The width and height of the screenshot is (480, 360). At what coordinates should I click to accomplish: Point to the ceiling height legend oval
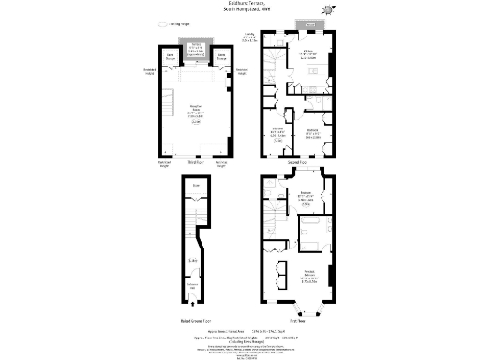click(162, 25)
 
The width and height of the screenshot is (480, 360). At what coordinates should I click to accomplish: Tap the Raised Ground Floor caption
click(196, 321)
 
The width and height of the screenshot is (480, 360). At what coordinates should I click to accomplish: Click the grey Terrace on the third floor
click(197, 51)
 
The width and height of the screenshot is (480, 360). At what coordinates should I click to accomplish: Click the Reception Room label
click(197, 111)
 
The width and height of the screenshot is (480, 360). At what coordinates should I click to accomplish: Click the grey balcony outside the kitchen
click(308, 23)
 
